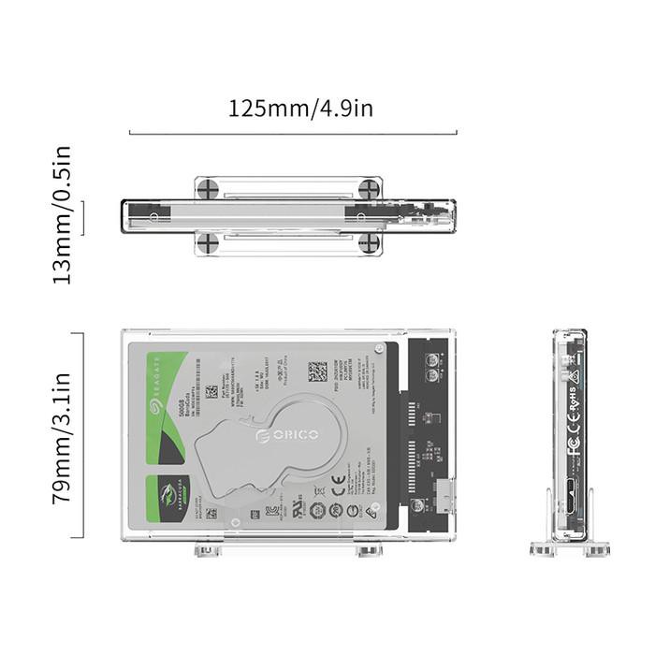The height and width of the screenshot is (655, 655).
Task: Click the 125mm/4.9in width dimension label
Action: pyautogui.click(x=300, y=108)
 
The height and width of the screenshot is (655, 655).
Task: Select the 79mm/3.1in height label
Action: pyautogui.click(x=63, y=438)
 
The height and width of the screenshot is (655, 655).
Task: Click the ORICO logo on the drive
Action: pyautogui.click(x=287, y=436)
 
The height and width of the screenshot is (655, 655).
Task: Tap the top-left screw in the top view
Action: pyautogui.click(x=208, y=188)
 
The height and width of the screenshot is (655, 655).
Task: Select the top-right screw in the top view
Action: pyautogui.click(x=370, y=188)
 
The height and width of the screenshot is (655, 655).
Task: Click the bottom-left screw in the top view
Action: pyautogui.click(x=208, y=243)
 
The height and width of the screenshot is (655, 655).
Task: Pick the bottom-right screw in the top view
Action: pyautogui.click(x=370, y=243)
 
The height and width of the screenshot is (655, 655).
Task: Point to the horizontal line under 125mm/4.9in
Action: pyautogui.click(x=293, y=133)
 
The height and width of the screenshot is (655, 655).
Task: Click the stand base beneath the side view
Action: pyautogui.click(x=571, y=550)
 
